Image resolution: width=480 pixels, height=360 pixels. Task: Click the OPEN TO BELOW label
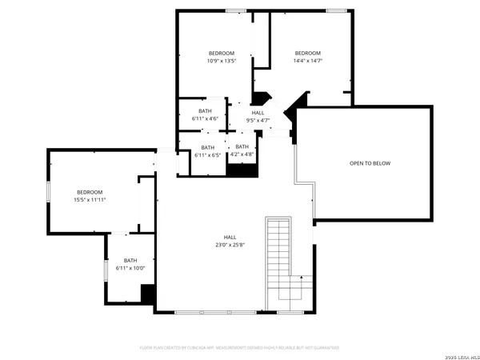click(x=370, y=163)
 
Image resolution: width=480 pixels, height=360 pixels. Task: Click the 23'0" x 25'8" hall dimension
click(x=230, y=244)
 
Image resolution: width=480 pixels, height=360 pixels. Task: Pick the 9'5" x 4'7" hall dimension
click(x=258, y=121)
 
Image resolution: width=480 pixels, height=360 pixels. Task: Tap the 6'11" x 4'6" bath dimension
click(x=206, y=118)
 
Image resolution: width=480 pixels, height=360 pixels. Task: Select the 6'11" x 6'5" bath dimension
click(x=207, y=154)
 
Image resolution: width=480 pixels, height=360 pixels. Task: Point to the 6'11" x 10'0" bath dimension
click(x=130, y=268)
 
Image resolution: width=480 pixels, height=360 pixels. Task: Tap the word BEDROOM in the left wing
click(x=90, y=192)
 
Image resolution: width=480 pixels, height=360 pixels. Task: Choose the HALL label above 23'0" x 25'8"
click(x=230, y=237)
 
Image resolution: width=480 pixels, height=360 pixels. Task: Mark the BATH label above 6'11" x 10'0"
click(x=130, y=260)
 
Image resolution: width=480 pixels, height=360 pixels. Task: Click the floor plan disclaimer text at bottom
click(x=240, y=348)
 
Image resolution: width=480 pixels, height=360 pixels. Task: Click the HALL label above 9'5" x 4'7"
click(x=258, y=113)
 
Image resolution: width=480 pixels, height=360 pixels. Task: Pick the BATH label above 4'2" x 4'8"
click(x=242, y=146)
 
